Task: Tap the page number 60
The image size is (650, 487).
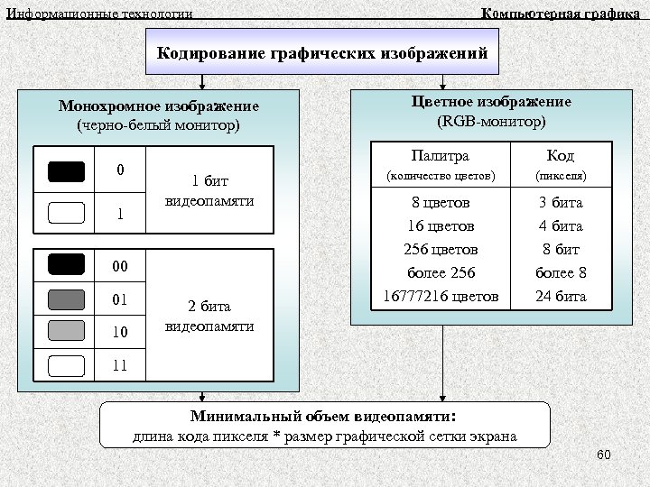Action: (x=604, y=455)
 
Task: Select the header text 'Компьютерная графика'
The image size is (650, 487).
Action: (x=561, y=13)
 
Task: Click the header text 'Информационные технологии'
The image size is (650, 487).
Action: (x=99, y=14)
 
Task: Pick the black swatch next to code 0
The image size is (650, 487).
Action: (x=67, y=171)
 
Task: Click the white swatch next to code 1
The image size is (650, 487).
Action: (x=67, y=214)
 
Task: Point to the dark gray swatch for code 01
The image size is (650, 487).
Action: (x=67, y=299)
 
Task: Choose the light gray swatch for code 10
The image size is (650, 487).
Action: (x=67, y=331)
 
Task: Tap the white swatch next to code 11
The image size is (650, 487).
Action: (x=67, y=365)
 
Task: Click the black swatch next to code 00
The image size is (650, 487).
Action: (x=67, y=264)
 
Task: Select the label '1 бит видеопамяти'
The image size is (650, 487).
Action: (x=209, y=190)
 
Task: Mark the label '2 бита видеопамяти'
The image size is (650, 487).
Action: (x=209, y=315)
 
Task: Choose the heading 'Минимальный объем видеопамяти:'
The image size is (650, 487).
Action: (x=323, y=417)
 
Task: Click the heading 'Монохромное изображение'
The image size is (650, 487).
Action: (x=158, y=106)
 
